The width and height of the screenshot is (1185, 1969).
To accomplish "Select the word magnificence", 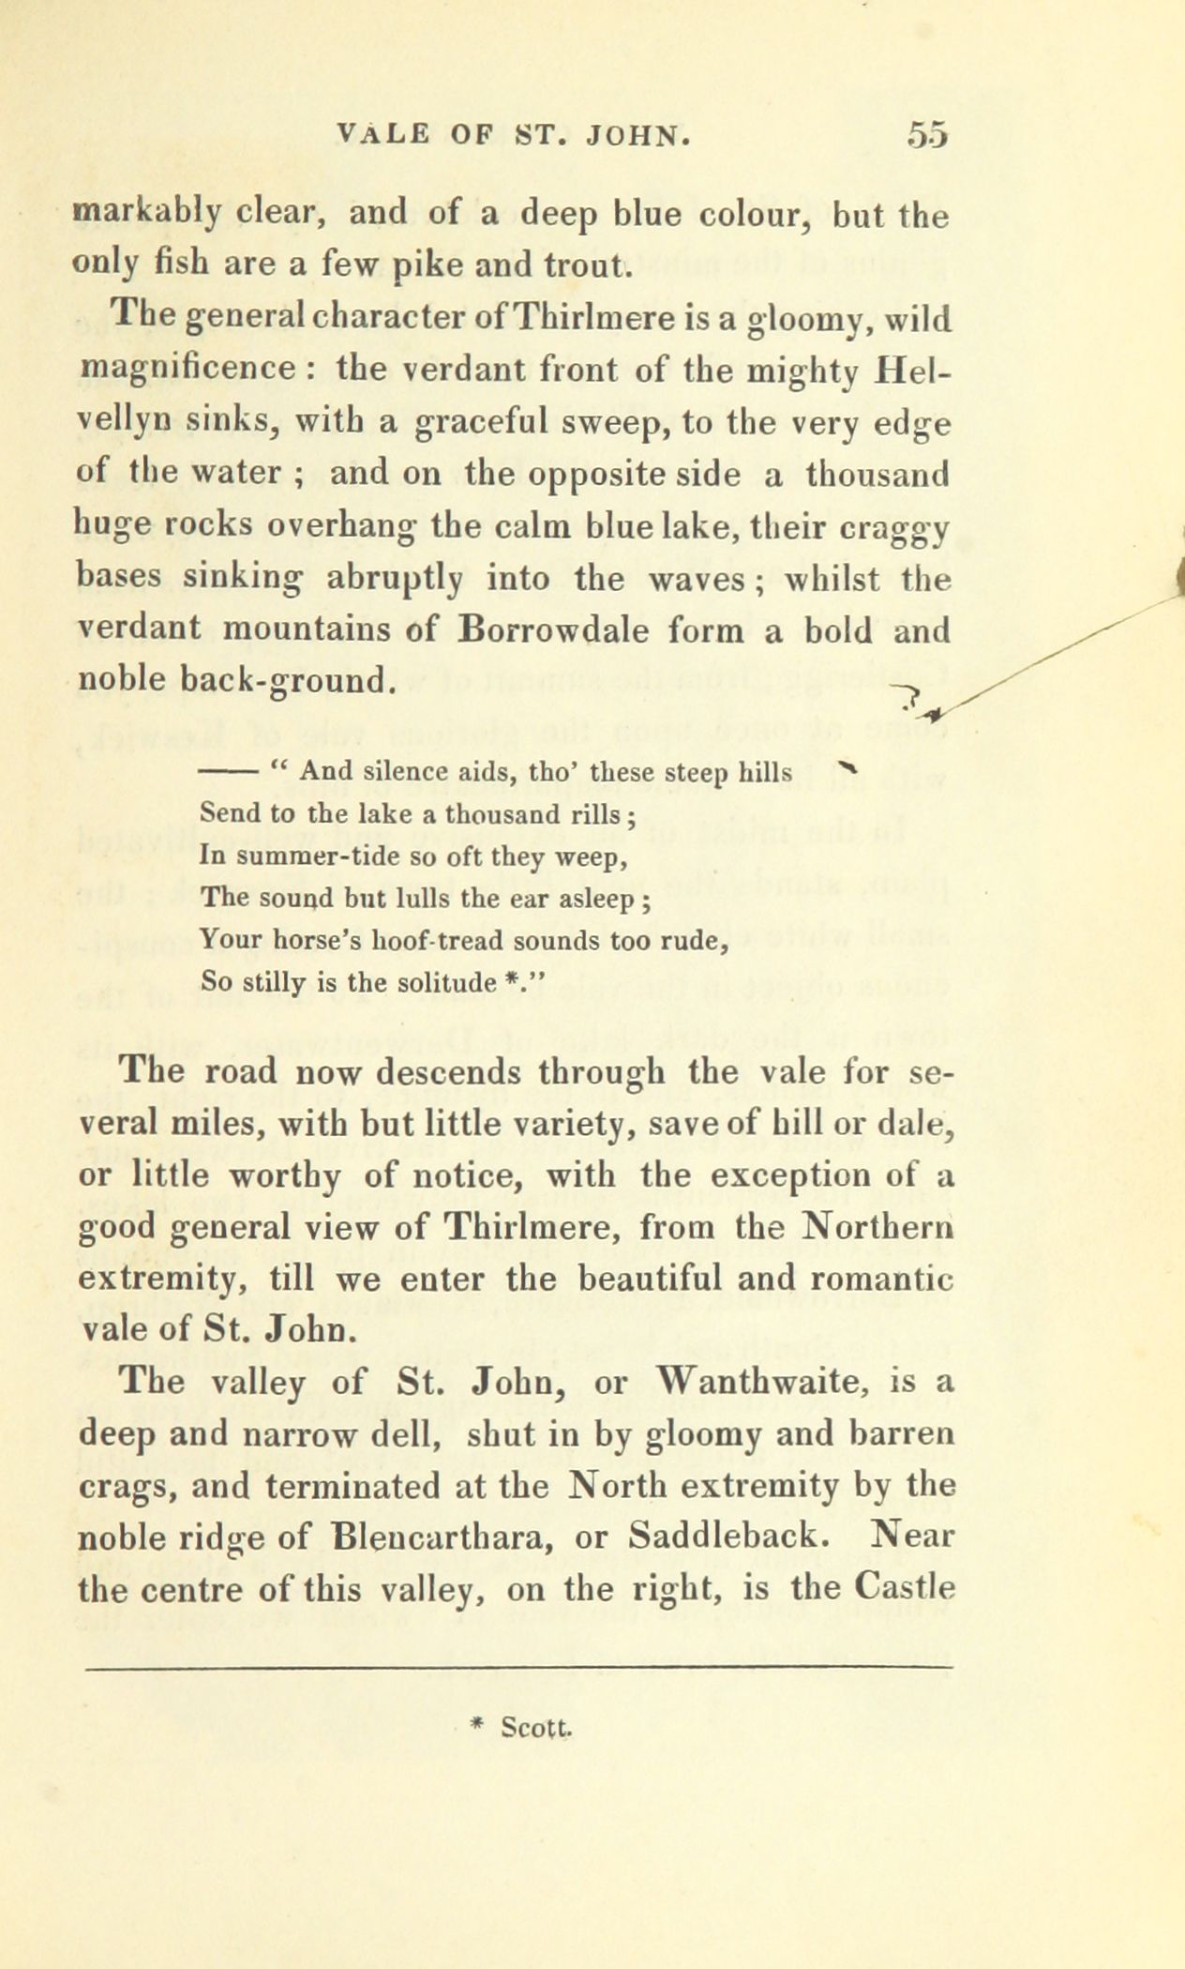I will [187, 368].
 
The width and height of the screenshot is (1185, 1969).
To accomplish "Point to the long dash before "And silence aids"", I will [232, 773].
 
